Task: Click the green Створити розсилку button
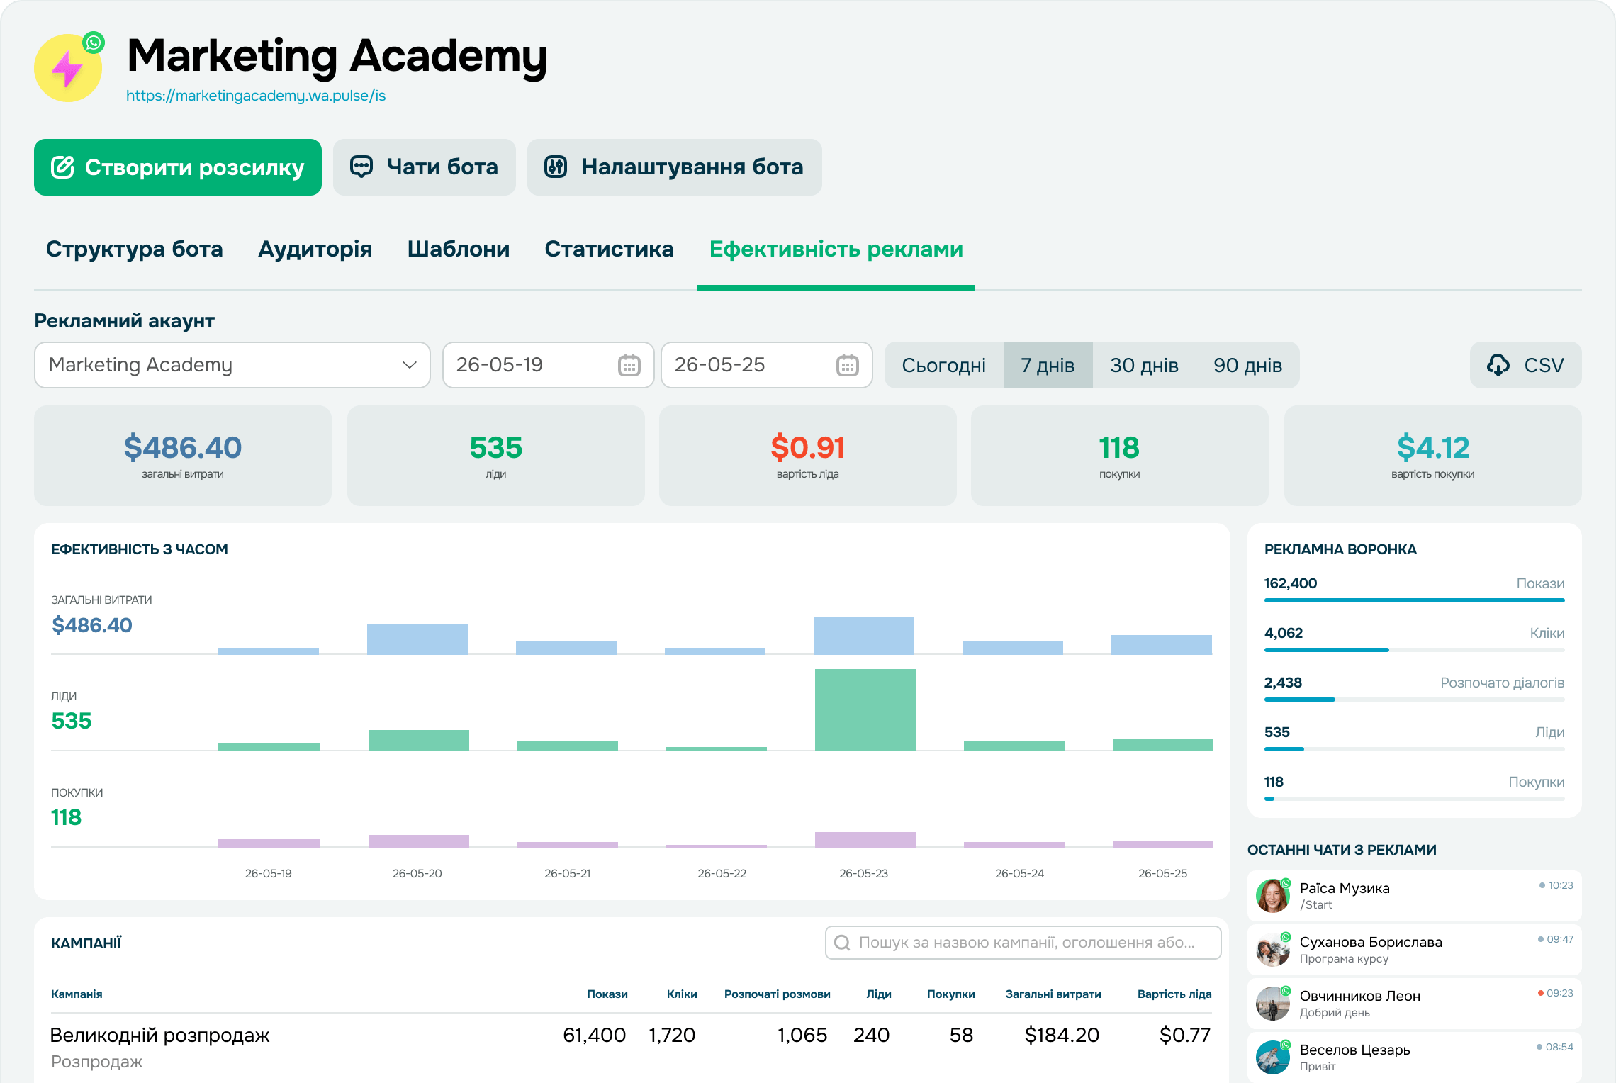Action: click(x=178, y=167)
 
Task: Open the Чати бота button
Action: click(x=425, y=167)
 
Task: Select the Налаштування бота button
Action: click(x=675, y=167)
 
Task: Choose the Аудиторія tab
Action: click(x=315, y=249)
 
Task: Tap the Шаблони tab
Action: click(x=459, y=249)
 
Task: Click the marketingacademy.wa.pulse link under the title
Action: click(x=256, y=96)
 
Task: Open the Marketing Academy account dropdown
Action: click(x=232, y=365)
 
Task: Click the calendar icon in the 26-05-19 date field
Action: click(x=629, y=365)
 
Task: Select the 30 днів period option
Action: click(x=1144, y=365)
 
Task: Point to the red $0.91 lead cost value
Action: click(x=808, y=447)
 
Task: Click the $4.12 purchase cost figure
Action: click(x=1433, y=447)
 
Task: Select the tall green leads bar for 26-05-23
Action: click(x=865, y=709)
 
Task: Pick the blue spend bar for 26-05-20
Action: click(x=417, y=639)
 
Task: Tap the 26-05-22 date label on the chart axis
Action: click(x=722, y=873)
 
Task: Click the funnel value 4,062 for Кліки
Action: click(x=1284, y=633)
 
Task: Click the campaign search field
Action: click(x=1023, y=943)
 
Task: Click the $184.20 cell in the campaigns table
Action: click(x=1062, y=1036)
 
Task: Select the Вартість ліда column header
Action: click(x=1174, y=994)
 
